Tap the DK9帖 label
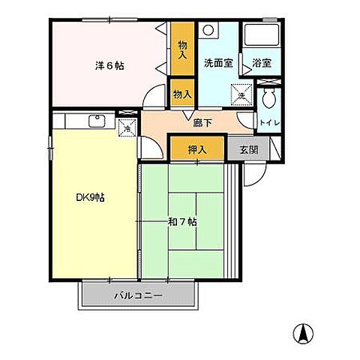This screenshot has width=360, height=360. click(90, 198)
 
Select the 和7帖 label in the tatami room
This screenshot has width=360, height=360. click(184, 222)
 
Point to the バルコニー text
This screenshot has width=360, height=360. click(139, 295)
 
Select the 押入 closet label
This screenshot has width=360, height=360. click(196, 150)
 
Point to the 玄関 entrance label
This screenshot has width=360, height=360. click(247, 150)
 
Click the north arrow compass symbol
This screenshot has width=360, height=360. click(303, 332)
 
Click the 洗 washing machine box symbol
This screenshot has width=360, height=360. click(241, 95)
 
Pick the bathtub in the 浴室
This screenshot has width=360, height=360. click(262, 37)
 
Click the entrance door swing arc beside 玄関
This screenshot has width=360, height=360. click(256, 174)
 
